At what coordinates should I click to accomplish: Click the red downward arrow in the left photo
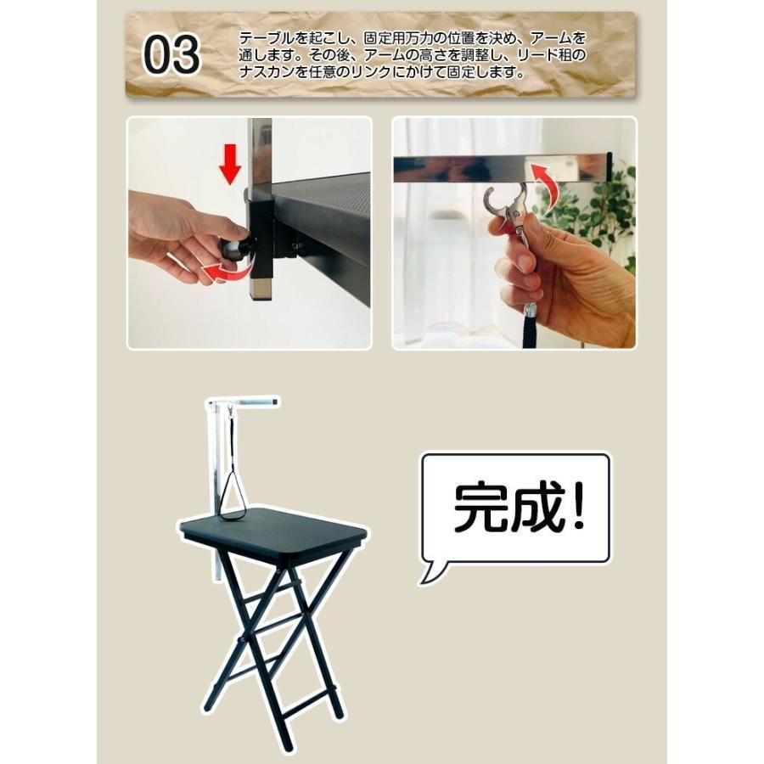[x=230, y=163]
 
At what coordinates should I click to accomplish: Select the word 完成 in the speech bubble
[x=497, y=508]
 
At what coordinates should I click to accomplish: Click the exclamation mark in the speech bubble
[x=578, y=507]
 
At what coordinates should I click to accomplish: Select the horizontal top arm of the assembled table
[x=251, y=401]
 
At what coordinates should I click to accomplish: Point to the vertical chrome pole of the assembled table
[x=212, y=475]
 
